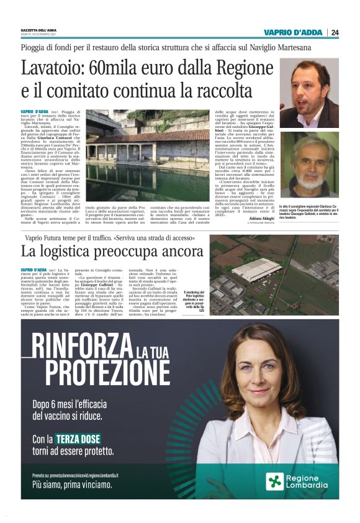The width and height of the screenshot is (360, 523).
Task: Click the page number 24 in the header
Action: click(335, 32)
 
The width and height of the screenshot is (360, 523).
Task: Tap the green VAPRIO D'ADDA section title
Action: click(294, 32)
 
